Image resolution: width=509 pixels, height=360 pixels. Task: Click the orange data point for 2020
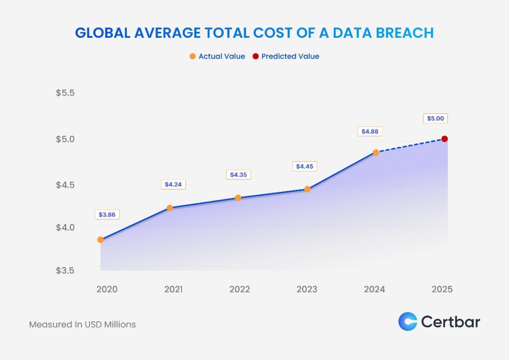click(100, 240)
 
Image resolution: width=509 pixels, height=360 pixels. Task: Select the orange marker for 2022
click(238, 198)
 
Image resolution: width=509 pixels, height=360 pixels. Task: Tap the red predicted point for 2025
click(445, 139)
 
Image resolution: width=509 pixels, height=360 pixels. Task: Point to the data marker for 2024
click(376, 152)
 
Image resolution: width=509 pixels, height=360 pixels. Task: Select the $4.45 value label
click(304, 167)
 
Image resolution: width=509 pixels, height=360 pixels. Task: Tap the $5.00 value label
click(435, 118)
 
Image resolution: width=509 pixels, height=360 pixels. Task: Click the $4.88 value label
click(369, 132)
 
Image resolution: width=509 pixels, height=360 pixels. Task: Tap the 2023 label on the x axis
click(307, 289)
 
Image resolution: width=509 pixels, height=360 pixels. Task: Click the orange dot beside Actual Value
click(193, 56)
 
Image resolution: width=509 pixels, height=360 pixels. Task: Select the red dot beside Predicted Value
click(256, 56)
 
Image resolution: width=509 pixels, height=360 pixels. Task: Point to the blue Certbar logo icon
click(408, 321)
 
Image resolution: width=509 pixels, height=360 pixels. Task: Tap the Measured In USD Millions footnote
click(83, 324)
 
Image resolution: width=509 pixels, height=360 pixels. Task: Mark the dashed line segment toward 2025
click(410, 146)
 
